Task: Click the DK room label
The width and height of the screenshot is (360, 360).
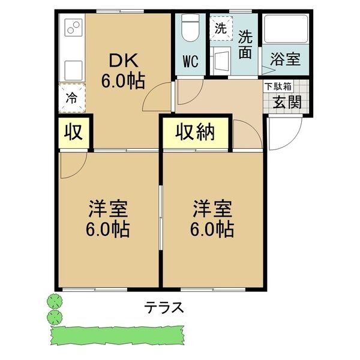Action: pyautogui.click(x=124, y=61)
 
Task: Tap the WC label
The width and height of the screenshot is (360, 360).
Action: pyautogui.click(x=191, y=62)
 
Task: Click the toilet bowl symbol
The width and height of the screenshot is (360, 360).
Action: pyautogui.click(x=190, y=28)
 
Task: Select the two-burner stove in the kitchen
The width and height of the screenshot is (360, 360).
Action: pyautogui.click(x=73, y=28)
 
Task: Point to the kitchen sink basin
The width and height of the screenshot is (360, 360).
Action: pyautogui.click(x=73, y=70)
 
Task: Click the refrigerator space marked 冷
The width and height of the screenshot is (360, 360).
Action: pyautogui.click(x=72, y=98)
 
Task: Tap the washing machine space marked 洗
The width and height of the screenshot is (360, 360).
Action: pyautogui.click(x=221, y=28)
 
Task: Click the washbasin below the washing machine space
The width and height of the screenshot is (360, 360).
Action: pyautogui.click(x=221, y=61)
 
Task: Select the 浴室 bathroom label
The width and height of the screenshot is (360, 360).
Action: pyautogui.click(x=286, y=59)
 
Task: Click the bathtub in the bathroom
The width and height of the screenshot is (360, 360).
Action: pyautogui.click(x=286, y=29)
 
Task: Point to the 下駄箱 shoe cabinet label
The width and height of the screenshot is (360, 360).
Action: pyautogui.click(x=278, y=86)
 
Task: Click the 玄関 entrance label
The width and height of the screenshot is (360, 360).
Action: pyautogui.click(x=287, y=102)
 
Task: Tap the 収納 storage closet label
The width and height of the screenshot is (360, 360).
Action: pyautogui.click(x=196, y=133)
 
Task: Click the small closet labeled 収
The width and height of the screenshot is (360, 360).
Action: pyautogui.click(x=74, y=133)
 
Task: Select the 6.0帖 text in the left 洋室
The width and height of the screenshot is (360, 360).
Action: pyautogui.click(x=108, y=229)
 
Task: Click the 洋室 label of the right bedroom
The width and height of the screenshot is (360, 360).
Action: pyautogui.click(x=212, y=208)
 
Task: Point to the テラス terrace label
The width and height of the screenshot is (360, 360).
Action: pyautogui.click(x=164, y=307)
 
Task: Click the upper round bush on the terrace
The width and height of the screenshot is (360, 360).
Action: pyautogui.click(x=55, y=301)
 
